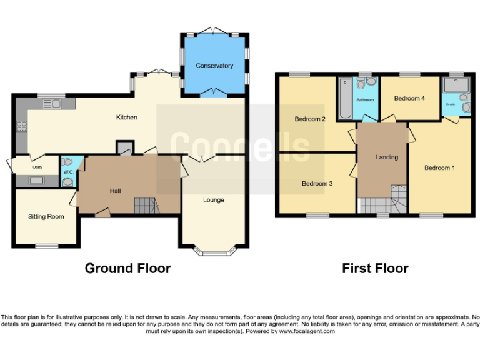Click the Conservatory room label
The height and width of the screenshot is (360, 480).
pos(214,66)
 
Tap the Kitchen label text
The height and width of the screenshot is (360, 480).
pos(127,117)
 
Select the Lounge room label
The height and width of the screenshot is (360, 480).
pos(213,200)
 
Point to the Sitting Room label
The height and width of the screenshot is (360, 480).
pos(46,217)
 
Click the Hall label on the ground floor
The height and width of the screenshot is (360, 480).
pos(116,191)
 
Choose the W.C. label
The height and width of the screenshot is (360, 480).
pos(67,172)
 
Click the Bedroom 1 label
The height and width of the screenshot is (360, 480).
pos(440,167)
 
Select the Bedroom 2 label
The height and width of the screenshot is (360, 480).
pos(311,119)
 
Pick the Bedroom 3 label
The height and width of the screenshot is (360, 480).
pos(317,184)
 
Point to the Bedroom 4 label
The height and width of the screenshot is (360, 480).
pos(409,98)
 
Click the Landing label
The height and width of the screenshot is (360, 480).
pos(387,157)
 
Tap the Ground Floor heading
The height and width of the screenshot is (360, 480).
pos(127,269)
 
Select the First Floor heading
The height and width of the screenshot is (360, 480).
pos(375,269)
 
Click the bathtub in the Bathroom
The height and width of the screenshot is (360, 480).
pos(346,99)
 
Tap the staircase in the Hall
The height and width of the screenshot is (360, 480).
pos(146,205)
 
